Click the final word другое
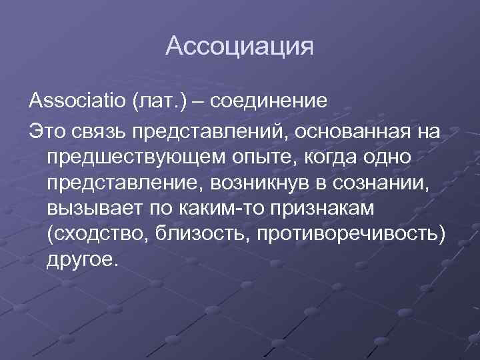[x=82, y=260]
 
